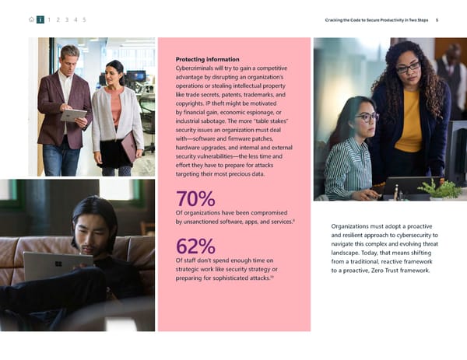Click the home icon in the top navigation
pyautogui.click(x=30, y=19)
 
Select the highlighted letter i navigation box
pyautogui.click(x=40, y=19)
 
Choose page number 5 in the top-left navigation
pyautogui.click(x=84, y=19)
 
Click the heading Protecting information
pyautogui.click(x=206, y=59)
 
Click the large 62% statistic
pyautogui.click(x=196, y=246)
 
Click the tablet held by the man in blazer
pyautogui.click(x=73, y=115)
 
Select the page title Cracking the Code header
pyautogui.click(x=375, y=19)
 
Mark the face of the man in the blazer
pyautogui.click(x=70, y=60)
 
